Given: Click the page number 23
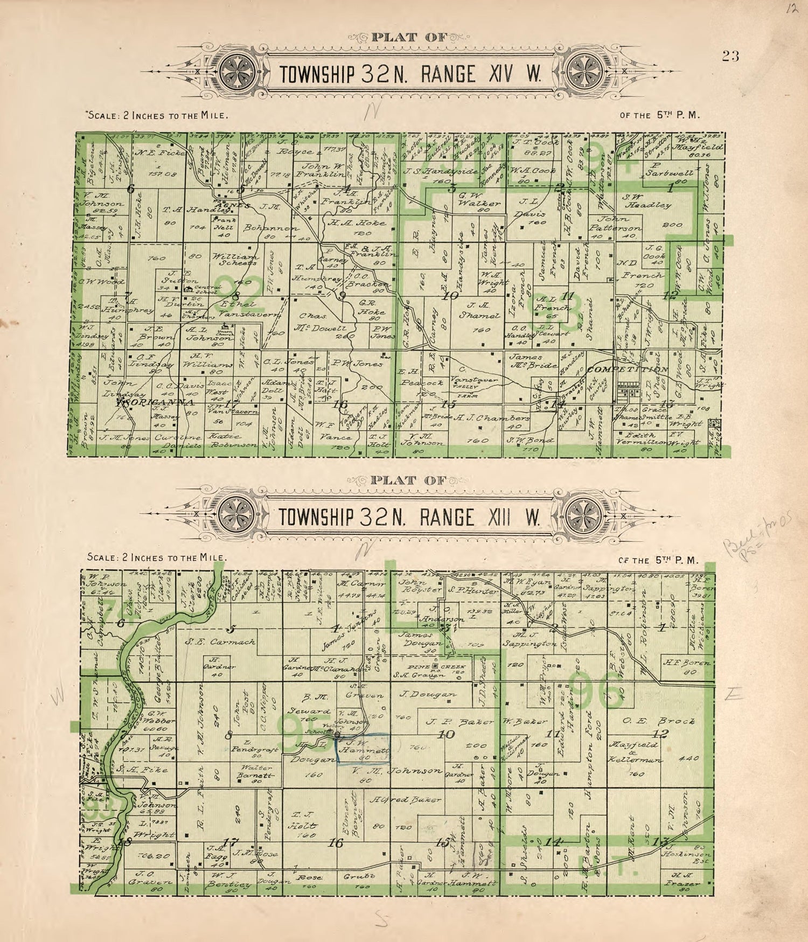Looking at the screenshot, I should click(731, 55).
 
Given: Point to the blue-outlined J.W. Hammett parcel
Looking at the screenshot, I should click(363, 749).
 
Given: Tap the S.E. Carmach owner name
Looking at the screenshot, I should click(220, 641).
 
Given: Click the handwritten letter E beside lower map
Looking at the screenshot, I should click(734, 695).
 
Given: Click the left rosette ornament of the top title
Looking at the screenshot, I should click(235, 73).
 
